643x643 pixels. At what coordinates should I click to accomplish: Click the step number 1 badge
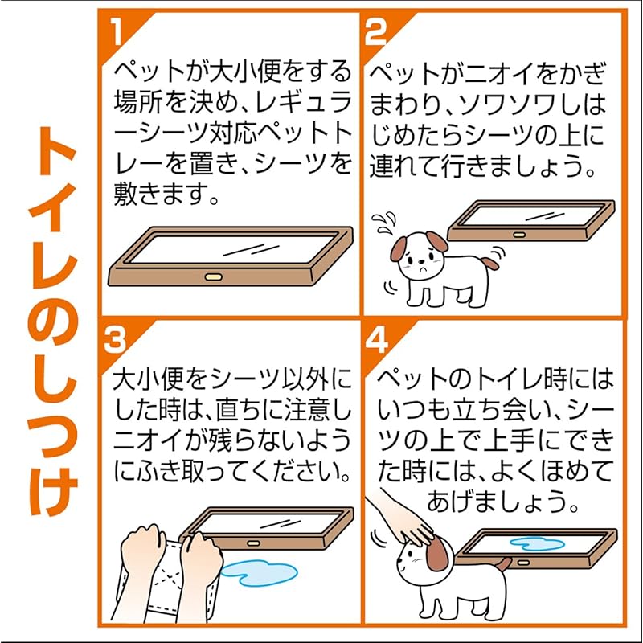click(x=117, y=33)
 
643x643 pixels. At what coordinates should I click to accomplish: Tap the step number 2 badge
click(x=375, y=33)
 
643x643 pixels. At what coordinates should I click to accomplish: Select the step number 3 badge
click(x=114, y=340)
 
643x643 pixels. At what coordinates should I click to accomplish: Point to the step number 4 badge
click(x=376, y=340)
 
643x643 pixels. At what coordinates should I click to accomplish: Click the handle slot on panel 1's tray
click(x=213, y=277)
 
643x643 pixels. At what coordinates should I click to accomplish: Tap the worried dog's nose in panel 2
click(x=420, y=261)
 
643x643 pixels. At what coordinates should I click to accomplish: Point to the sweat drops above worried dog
click(x=384, y=222)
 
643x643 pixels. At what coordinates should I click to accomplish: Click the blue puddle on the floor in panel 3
click(x=259, y=573)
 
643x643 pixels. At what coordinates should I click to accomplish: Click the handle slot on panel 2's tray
click(x=519, y=235)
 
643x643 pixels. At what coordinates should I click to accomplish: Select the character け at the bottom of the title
click(x=53, y=491)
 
